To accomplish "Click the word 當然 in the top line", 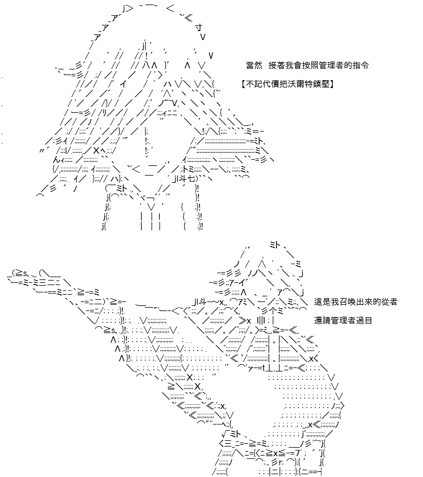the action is pos(254,65).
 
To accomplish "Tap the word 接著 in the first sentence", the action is pos(276,65).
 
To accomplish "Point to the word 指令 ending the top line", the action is pos(360,65).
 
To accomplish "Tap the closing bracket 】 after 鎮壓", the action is pos(332,84).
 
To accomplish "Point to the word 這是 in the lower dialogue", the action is pos(323,302).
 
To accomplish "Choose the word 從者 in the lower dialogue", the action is pos(389,302).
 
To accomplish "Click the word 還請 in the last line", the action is pos(323,320).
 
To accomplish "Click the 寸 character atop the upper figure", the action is pos(199,28).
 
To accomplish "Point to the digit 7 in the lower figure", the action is pos(297,452).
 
